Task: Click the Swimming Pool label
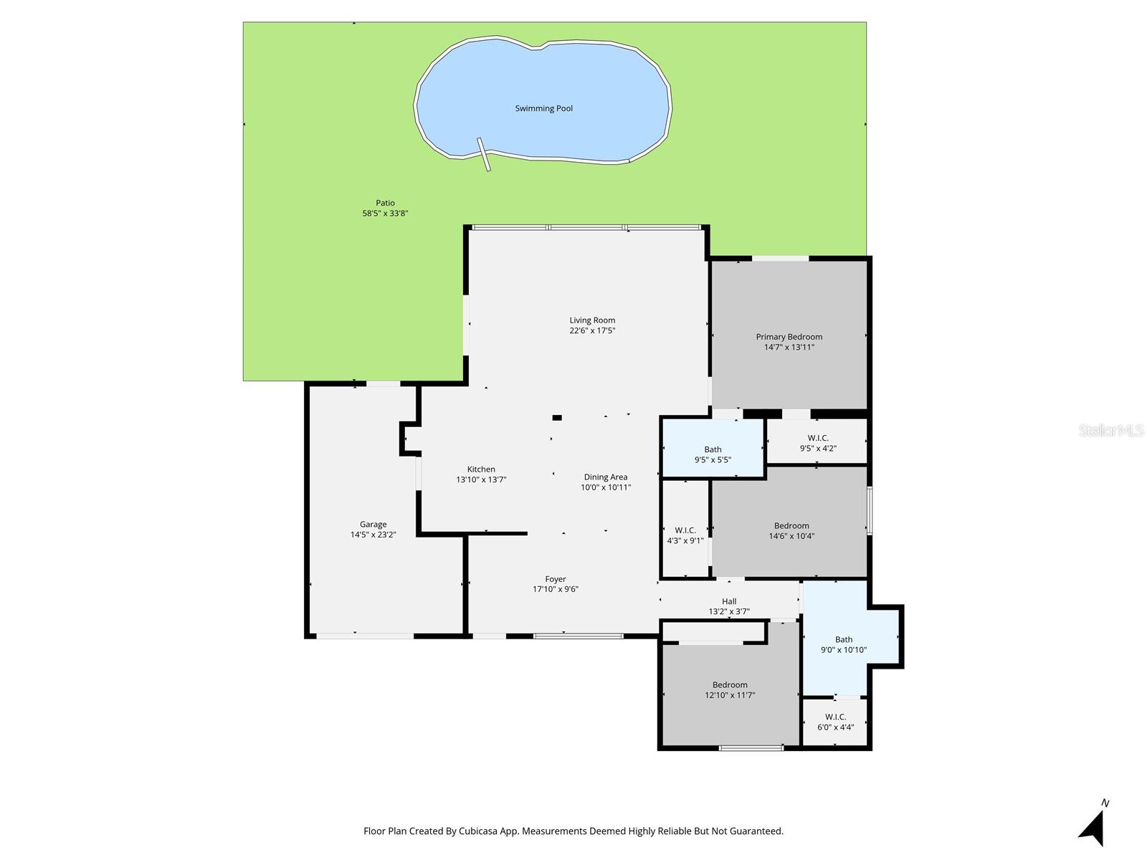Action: tap(543, 109)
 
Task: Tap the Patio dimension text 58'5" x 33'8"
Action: tap(385, 214)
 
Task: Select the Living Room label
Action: tap(592, 320)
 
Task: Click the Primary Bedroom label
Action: tap(789, 337)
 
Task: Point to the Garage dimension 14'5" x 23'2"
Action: tap(373, 535)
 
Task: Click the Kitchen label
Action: tap(481, 469)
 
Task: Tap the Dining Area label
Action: tap(605, 477)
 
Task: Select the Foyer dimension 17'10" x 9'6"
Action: tap(555, 589)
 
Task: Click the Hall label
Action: tap(729, 601)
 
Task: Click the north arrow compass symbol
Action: tap(1093, 828)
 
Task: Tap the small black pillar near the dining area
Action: tap(557, 417)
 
